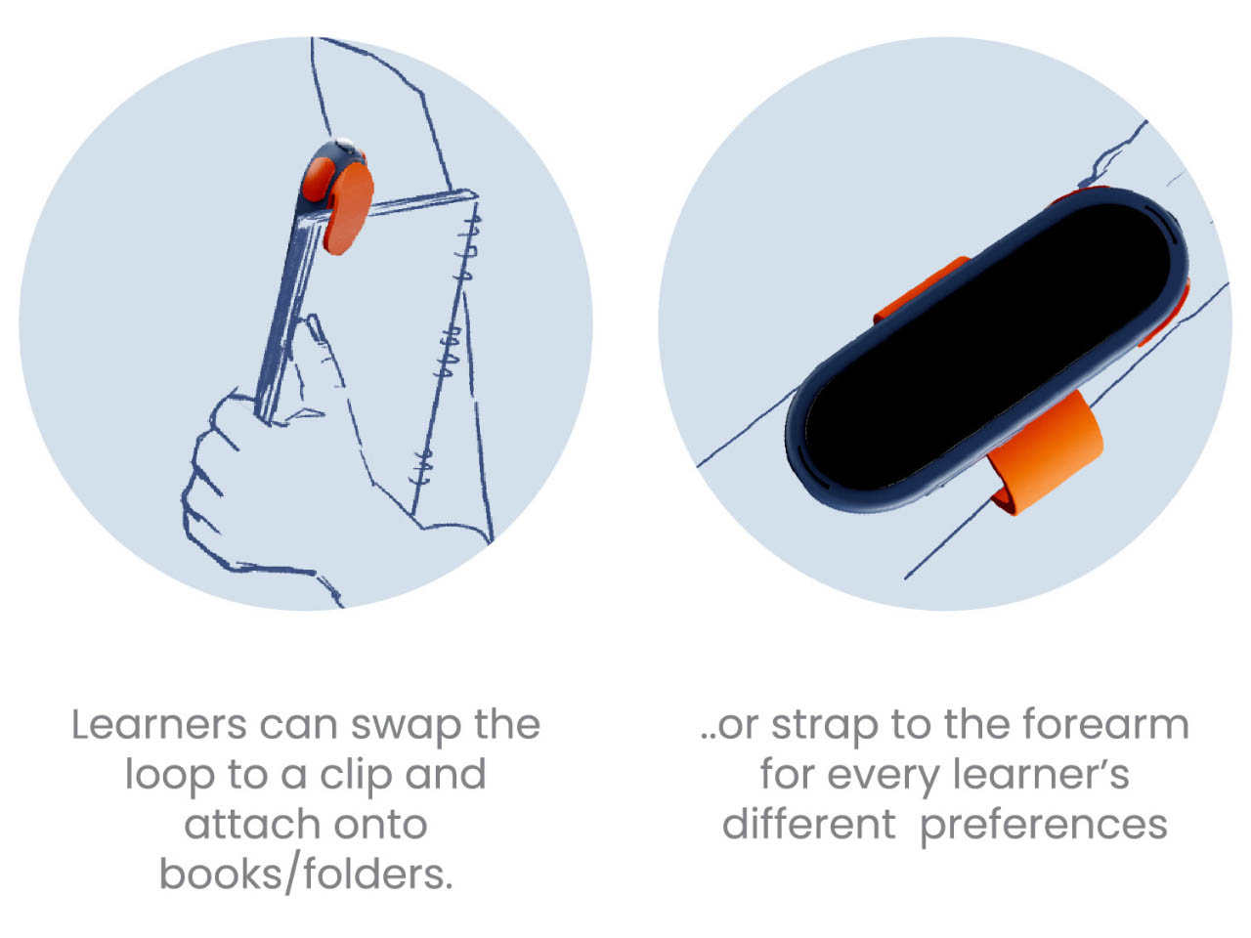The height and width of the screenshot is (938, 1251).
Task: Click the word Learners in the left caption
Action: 159,725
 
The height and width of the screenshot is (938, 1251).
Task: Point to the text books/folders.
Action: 306,874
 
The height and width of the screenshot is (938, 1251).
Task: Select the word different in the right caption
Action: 808,825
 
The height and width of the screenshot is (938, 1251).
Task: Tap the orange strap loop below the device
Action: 1047,452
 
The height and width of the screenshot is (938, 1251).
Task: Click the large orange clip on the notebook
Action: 348,208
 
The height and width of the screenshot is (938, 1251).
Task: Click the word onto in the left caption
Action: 380,826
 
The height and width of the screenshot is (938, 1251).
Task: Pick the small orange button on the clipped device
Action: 318,178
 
